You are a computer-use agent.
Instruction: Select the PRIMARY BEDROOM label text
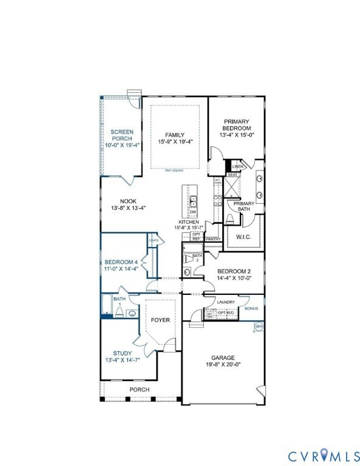236,124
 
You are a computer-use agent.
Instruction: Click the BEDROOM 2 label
234,271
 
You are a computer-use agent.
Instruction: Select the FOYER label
160,320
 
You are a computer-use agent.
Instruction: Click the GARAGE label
223,357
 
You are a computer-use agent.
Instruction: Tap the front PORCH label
140,389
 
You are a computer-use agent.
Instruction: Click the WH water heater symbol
259,326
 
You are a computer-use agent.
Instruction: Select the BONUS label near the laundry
251,308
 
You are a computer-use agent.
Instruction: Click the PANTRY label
213,239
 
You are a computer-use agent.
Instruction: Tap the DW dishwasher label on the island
192,212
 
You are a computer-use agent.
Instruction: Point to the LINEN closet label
237,166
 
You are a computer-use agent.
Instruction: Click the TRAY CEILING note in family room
174,171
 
